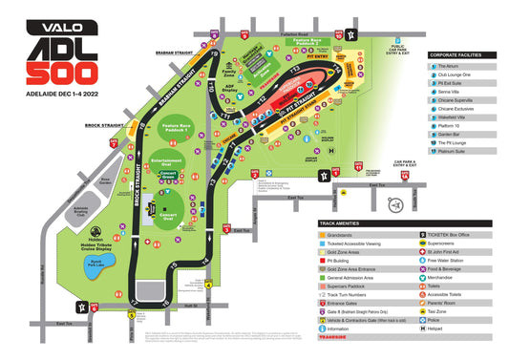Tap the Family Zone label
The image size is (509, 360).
tap(228, 72)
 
